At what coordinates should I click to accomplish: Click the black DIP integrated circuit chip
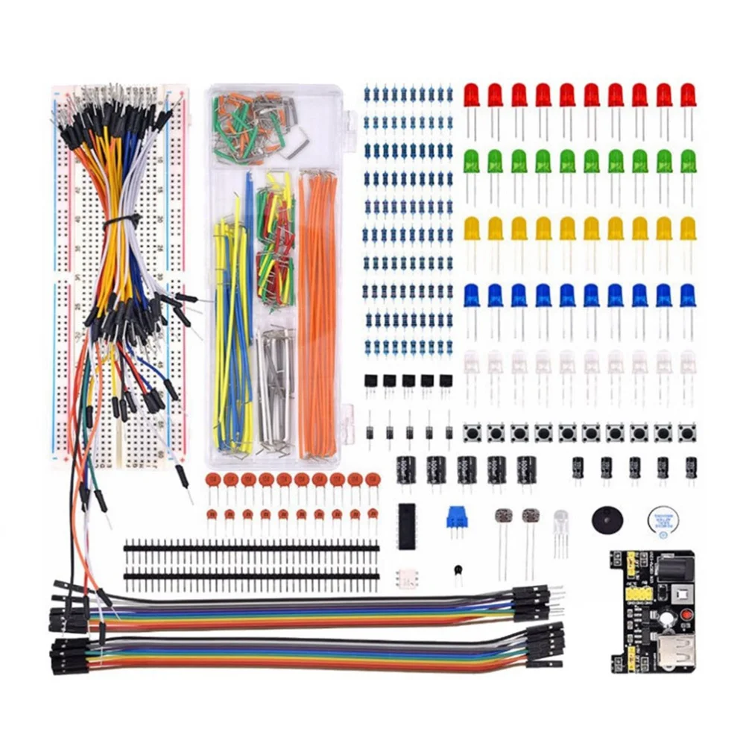(406, 526)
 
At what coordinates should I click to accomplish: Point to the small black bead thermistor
(456, 571)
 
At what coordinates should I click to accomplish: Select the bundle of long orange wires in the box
(318, 313)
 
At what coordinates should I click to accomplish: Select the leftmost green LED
(472, 161)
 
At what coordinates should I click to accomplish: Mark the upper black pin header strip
(250, 549)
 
